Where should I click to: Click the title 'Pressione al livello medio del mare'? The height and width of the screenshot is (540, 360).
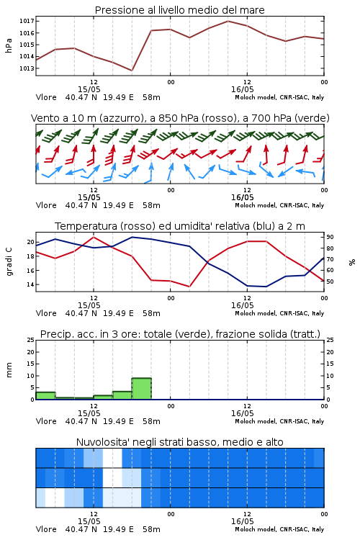click(x=179, y=10)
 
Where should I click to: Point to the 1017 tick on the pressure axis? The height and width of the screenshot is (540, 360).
click(x=27, y=21)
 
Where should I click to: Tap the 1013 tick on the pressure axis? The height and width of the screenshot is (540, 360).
click(x=27, y=68)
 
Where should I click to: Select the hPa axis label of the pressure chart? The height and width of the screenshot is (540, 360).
click(x=9, y=45)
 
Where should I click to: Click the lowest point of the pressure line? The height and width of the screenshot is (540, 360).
click(x=132, y=71)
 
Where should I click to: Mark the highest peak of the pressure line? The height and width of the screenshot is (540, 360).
click(x=228, y=21)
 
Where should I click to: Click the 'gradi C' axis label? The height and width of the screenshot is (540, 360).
click(x=9, y=261)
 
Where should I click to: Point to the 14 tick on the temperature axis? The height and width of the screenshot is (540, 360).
click(x=31, y=284)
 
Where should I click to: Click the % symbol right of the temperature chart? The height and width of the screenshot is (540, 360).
click(x=352, y=262)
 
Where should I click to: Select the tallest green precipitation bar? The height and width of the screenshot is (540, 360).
click(x=142, y=389)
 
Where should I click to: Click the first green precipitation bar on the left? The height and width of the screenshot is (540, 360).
click(x=45, y=396)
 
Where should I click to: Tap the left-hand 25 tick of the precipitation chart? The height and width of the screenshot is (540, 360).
click(x=31, y=340)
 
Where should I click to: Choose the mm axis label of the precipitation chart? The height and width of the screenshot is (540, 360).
click(x=9, y=369)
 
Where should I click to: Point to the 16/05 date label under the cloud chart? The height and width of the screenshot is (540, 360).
click(x=242, y=521)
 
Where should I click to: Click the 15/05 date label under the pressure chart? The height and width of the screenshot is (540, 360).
click(x=89, y=89)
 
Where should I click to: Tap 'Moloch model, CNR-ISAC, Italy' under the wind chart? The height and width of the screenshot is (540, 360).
click(x=279, y=205)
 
